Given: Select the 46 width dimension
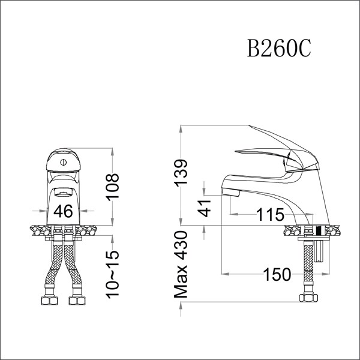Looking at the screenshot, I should (x=63, y=211).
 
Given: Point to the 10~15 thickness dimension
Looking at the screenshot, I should (x=112, y=273).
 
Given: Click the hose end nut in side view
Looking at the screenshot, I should (x=307, y=298).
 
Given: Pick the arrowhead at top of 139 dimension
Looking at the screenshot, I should (x=182, y=129).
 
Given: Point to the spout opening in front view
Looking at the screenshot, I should (x=63, y=193).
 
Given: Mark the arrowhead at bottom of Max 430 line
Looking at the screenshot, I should (x=182, y=313).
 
